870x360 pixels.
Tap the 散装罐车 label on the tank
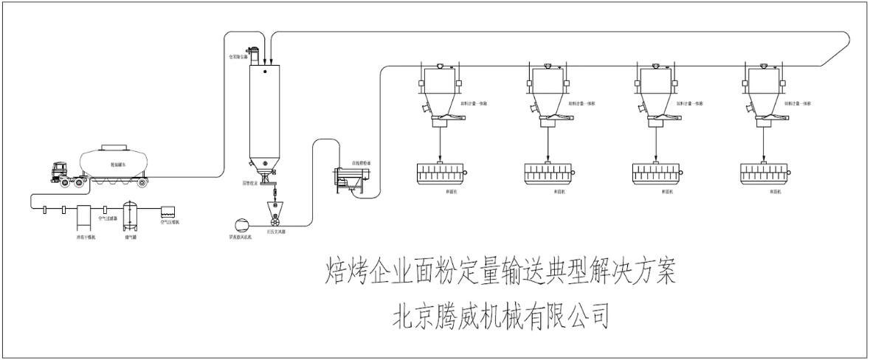pyautogui.click(x=117, y=165)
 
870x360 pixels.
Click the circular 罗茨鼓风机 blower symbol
pyautogui.click(x=240, y=224)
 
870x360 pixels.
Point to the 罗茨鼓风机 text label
pyautogui.click(x=240, y=239)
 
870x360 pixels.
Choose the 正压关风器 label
pyautogui.click(x=277, y=232)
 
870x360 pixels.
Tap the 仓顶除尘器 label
pyautogui.click(x=238, y=56)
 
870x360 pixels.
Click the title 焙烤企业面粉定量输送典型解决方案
pyautogui.click(x=500, y=274)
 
